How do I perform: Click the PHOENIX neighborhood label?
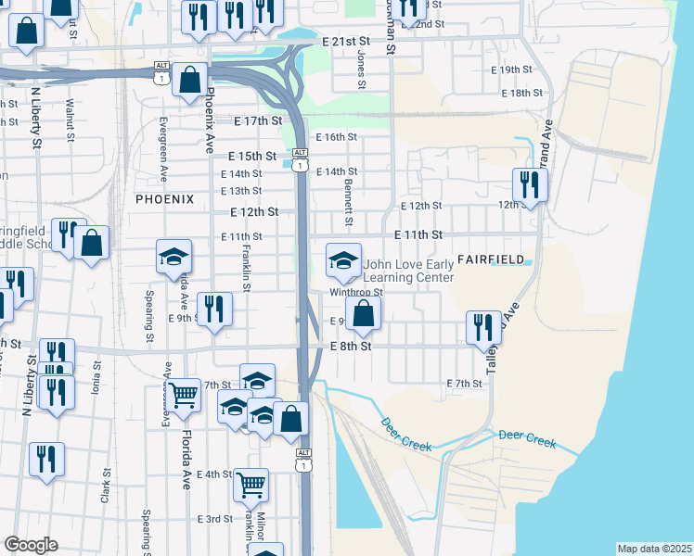point(164,199)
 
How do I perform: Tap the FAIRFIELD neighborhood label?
point(490,259)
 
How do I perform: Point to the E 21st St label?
point(346,42)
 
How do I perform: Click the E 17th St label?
point(258,121)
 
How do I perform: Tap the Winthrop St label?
point(356,293)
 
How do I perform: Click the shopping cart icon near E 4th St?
point(251,484)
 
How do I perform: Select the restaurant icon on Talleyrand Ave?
point(483,327)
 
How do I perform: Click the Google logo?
point(31,546)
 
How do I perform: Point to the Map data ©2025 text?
point(654,549)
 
